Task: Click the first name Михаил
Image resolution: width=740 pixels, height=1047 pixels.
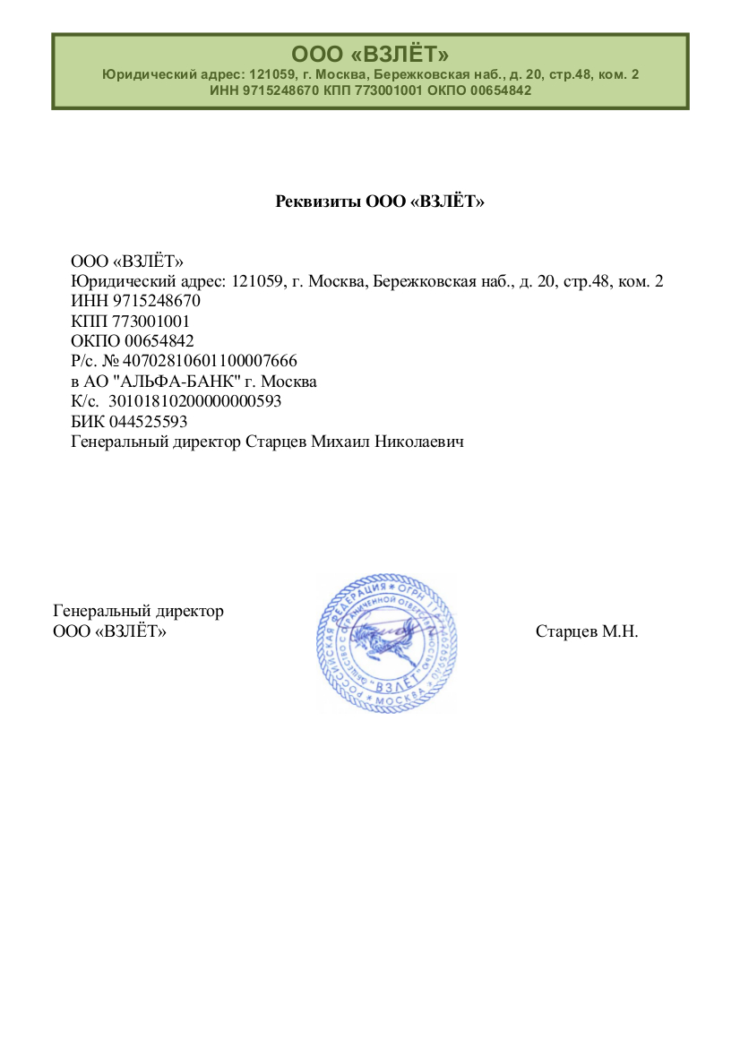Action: coord(340,442)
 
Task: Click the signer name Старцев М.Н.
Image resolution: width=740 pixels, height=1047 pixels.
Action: coord(587,631)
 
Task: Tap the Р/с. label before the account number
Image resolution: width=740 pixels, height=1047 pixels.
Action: coord(84,361)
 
